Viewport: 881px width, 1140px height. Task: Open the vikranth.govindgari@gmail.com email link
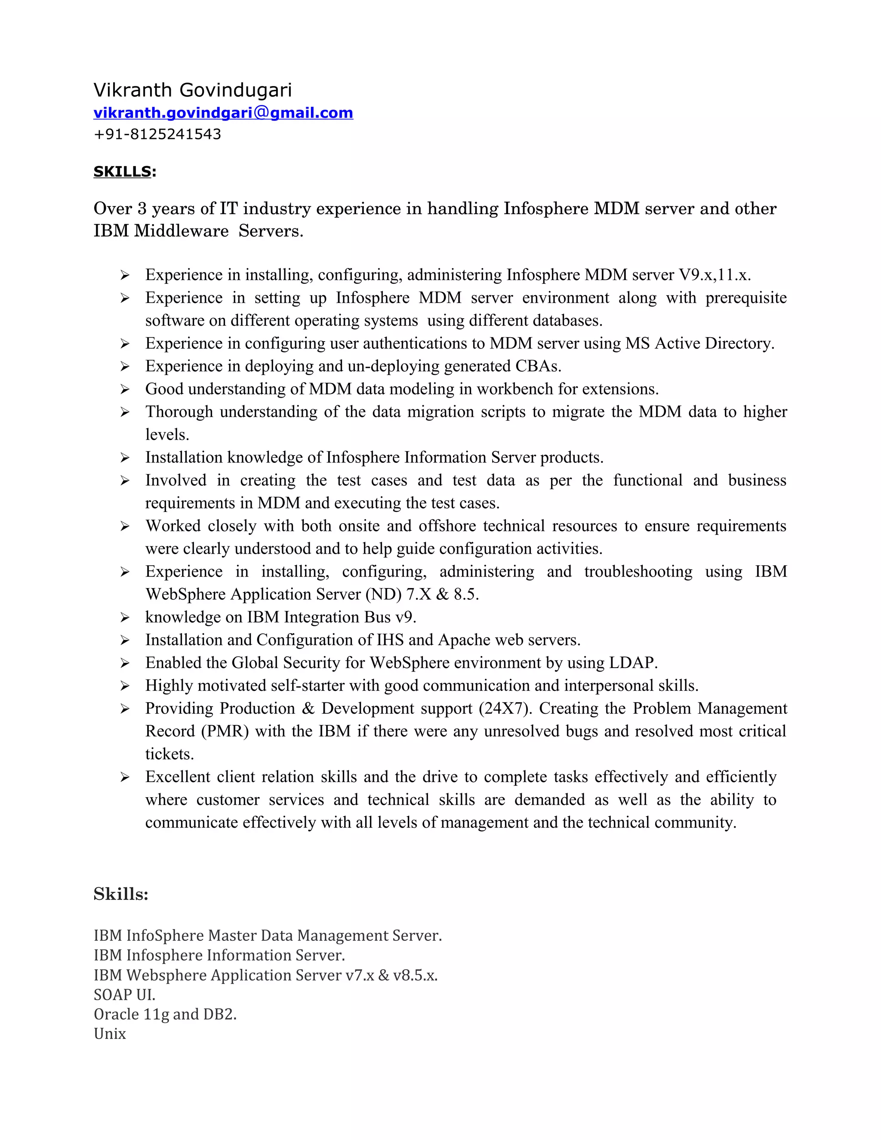pos(223,113)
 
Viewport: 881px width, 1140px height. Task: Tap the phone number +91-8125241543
pos(157,134)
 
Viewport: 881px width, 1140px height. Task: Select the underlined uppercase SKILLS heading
pos(122,171)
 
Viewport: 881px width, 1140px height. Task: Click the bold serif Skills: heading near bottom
pos(121,894)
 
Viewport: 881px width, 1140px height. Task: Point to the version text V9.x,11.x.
pos(715,274)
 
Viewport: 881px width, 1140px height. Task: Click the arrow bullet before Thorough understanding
pos(125,413)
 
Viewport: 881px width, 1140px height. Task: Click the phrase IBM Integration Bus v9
pos(331,617)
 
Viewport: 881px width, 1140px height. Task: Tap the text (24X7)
pos(506,709)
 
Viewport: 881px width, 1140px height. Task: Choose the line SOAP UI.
pos(124,994)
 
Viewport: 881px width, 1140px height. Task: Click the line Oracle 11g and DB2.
pos(165,1014)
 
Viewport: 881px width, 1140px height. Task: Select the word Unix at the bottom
pos(110,1034)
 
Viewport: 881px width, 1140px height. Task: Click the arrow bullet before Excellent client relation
pos(125,778)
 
